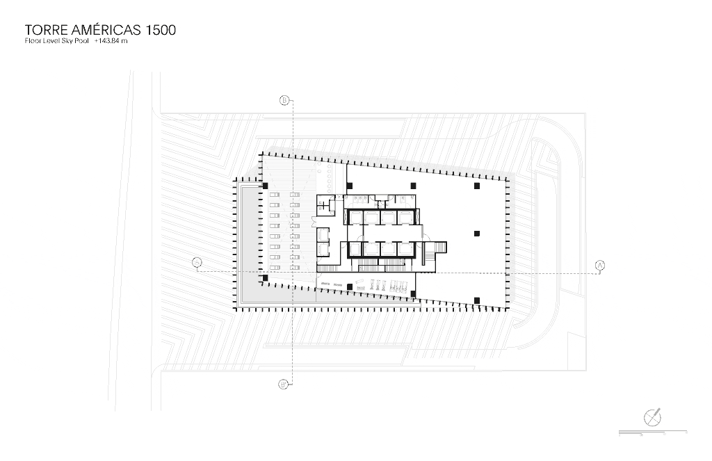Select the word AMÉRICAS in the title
(x=106, y=31)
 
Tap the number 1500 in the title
(x=161, y=31)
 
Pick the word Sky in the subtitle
(x=67, y=42)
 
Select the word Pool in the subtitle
(x=82, y=42)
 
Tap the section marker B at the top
(x=284, y=101)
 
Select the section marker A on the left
(x=197, y=262)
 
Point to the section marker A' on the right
(x=600, y=265)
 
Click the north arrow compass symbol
(x=653, y=416)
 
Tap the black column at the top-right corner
(x=477, y=186)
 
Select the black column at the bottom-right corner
(x=477, y=300)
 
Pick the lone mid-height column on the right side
(x=477, y=233)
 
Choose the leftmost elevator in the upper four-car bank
(x=355, y=218)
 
